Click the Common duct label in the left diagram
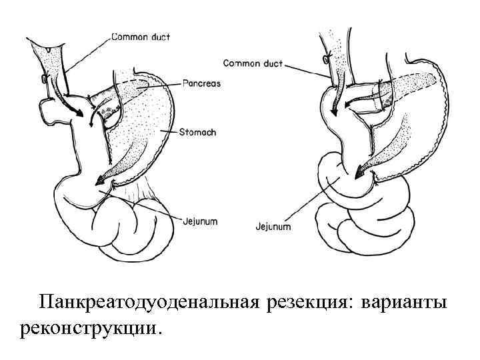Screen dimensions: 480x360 tap(140, 38)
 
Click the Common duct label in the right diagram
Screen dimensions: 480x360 tap(253, 64)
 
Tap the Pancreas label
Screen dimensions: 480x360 tap(201, 84)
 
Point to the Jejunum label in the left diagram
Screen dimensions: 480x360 tap(200, 221)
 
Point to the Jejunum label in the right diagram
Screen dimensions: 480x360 tap(273, 227)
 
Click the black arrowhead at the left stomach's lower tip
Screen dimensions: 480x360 tap(101, 179)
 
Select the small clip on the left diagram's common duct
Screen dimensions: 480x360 tap(44, 79)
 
